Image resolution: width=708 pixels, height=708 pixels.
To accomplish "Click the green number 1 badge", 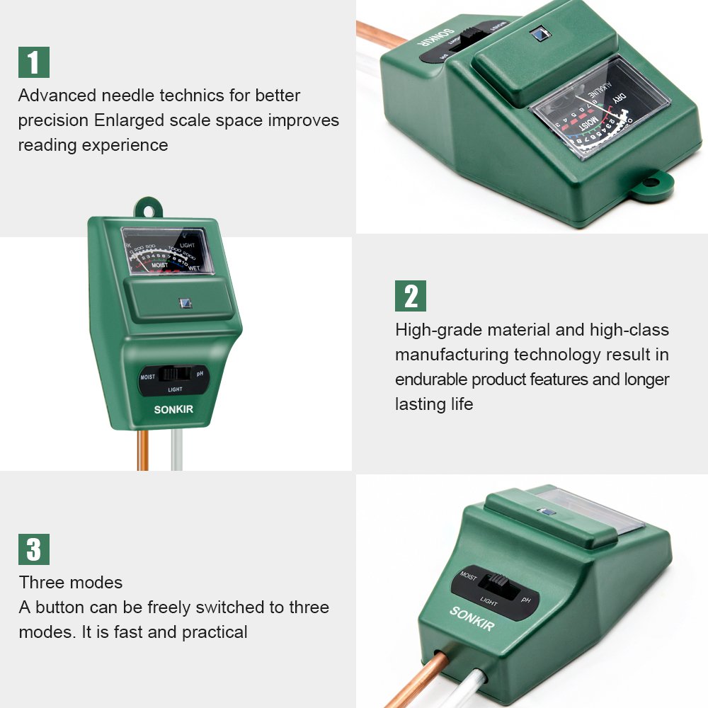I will click(x=33, y=62).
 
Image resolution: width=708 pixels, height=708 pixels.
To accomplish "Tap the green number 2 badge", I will click(x=411, y=296).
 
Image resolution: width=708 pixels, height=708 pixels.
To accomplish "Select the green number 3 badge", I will click(x=33, y=549).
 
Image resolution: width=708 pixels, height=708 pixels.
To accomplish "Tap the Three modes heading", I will click(x=71, y=583).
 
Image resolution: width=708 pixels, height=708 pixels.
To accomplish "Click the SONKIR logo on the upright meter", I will click(x=173, y=409).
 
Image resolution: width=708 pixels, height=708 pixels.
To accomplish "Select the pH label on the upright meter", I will click(x=200, y=373).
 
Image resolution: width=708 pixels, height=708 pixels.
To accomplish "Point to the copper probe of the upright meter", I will click(x=143, y=450).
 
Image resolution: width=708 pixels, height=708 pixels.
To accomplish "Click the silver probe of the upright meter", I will click(x=178, y=452).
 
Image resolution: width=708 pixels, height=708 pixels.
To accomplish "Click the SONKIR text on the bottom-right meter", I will click(x=472, y=617).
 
